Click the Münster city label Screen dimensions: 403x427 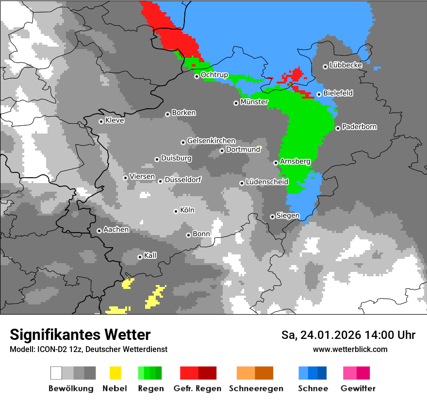[x=254, y=102]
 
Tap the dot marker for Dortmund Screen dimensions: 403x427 [x=222, y=151]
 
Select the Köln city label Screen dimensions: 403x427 [x=187, y=210]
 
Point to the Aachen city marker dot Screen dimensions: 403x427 [x=99, y=231]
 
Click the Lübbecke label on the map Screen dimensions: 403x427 [x=345, y=65]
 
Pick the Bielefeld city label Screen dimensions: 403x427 [x=338, y=93]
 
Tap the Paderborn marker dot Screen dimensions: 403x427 [x=338, y=128]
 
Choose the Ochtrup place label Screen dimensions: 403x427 [x=214, y=75]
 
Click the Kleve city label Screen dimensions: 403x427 [x=115, y=120]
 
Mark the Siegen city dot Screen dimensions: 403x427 [x=272, y=217]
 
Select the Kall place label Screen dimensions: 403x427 [x=150, y=255]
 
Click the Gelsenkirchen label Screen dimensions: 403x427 [x=211, y=141]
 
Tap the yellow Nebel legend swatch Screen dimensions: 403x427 [x=115, y=373]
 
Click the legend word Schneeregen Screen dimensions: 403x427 [x=254, y=388]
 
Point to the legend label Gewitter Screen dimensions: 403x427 [x=358, y=388]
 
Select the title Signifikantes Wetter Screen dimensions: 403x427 [x=80, y=335]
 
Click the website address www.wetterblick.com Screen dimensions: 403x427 [x=350, y=349]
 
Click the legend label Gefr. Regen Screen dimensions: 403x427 [x=197, y=388]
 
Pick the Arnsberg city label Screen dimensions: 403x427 [x=295, y=161]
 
